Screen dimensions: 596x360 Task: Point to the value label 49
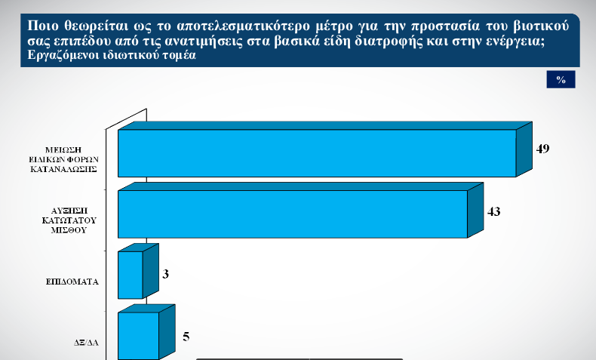point(542,149)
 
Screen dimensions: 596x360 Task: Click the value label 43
point(493,211)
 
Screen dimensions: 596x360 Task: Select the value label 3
point(165,274)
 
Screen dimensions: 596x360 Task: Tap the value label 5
point(186,337)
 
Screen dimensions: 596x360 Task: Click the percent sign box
point(561,79)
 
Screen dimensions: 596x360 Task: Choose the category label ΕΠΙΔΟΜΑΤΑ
point(72,282)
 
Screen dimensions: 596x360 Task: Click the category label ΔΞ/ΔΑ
point(86,343)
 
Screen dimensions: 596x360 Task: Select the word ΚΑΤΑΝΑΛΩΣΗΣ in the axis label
point(63,170)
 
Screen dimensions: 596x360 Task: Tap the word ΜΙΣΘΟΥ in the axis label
point(69,230)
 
